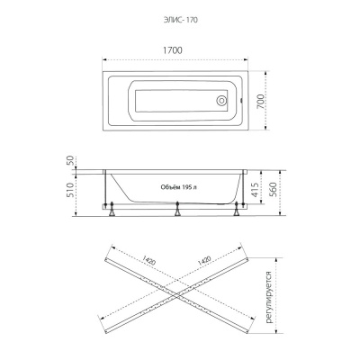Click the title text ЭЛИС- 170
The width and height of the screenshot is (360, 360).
click(x=180, y=20)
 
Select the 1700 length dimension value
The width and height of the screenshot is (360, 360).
click(x=173, y=50)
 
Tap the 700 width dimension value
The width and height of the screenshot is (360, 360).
click(x=261, y=102)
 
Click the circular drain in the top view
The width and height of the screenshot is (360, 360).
click(x=222, y=101)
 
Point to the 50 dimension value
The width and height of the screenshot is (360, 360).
click(x=70, y=162)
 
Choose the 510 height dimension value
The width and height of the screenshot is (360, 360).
click(x=70, y=190)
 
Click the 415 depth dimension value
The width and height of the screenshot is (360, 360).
click(x=255, y=190)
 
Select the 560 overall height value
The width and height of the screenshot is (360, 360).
click(x=273, y=190)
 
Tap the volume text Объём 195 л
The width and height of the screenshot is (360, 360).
click(x=179, y=187)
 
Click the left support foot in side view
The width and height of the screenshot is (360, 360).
click(x=112, y=209)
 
